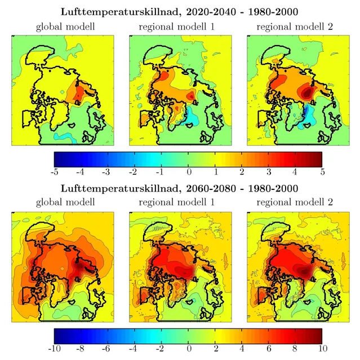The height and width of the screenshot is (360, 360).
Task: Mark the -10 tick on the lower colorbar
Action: point(55,348)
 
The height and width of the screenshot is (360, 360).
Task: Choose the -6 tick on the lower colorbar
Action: point(108,348)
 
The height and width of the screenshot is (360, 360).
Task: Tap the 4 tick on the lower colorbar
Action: point(242,348)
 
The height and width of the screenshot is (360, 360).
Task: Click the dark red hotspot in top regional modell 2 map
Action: point(307,92)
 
